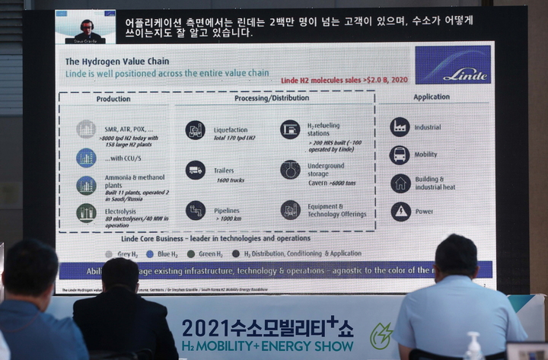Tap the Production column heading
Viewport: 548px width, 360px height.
click(x=113, y=99)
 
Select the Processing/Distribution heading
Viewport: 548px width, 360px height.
click(x=271, y=98)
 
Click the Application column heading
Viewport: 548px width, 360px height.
click(x=432, y=97)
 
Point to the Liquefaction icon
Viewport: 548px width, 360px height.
click(x=195, y=130)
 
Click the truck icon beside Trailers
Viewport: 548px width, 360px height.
click(x=195, y=170)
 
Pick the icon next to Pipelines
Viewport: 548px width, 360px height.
click(x=195, y=210)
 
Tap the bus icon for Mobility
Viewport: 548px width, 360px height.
click(x=400, y=155)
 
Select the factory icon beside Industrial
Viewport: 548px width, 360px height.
click(x=400, y=127)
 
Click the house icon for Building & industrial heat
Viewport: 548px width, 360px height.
click(x=400, y=183)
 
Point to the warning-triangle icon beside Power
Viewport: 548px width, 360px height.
click(x=400, y=212)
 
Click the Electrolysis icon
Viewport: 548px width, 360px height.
click(x=86, y=213)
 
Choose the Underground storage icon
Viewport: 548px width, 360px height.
click(x=290, y=169)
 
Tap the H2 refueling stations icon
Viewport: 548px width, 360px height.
click(x=290, y=129)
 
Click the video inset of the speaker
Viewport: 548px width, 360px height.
click(x=85, y=27)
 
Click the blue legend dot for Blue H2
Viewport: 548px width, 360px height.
click(x=150, y=253)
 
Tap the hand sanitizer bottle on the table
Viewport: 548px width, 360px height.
click(x=473, y=347)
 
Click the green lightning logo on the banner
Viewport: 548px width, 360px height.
click(x=380, y=335)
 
